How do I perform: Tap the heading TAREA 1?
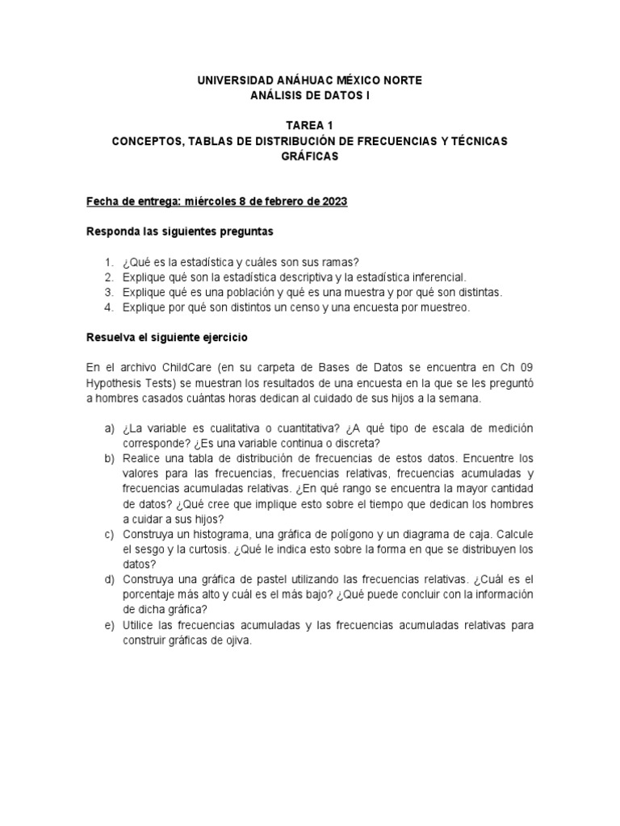[x=309, y=126]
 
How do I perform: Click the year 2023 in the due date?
[x=334, y=202]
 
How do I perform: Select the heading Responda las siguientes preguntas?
[x=180, y=232]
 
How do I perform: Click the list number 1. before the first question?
[x=109, y=262]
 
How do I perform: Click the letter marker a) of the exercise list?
[x=109, y=428]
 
